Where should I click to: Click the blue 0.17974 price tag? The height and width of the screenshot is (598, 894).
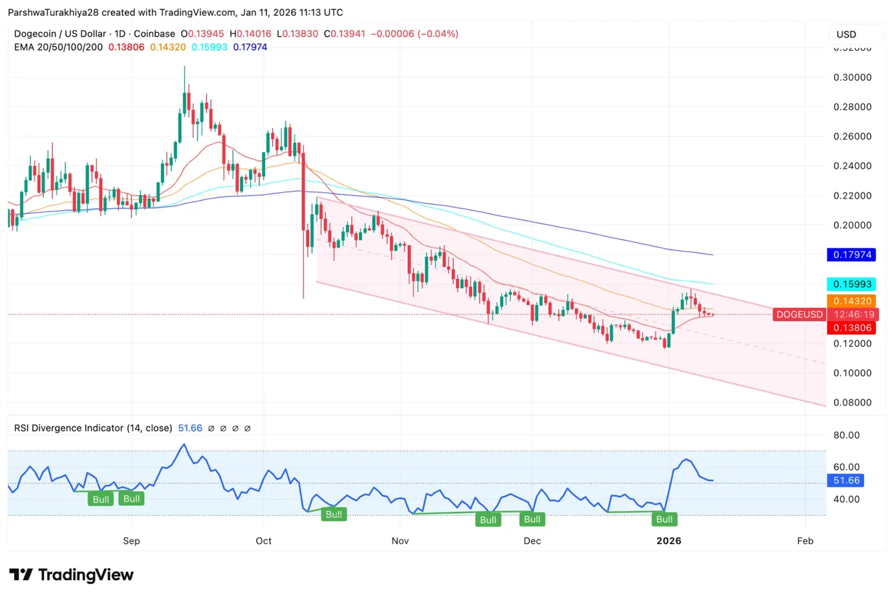pyautogui.click(x=851, y=254)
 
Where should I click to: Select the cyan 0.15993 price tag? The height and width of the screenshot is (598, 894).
pyautogui.click(x=851, y=284)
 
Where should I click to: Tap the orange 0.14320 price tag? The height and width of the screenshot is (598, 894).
pyautogui.click(x=851, y=301)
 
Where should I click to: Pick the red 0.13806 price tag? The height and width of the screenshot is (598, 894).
pyautogui.click(x=851, y=328)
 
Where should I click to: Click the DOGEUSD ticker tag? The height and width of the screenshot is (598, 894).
pyautogui.click(x=798, y=314)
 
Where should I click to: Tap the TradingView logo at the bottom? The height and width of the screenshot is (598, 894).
pyautogui.click(x=71, y=575)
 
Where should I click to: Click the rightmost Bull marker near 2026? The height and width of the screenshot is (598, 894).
pyautogui.click(x=664, y=519)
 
